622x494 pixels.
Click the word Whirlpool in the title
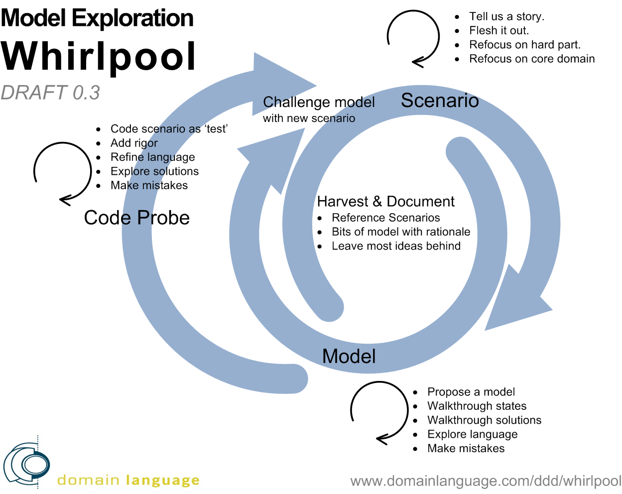tap(99, 56)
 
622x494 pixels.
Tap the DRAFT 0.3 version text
tap(50, 93)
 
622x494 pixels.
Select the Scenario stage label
tap(440, 101)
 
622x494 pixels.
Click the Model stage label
tap(349, 357)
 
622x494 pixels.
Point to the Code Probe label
tap(137, 218)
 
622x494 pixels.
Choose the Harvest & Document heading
tap(385, 202)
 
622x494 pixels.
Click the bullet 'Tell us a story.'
tap(506, 16)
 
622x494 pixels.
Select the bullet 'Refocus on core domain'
tap(531, 59)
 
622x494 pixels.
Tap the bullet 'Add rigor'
tap(134, 143)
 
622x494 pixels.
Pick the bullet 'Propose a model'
tap(471, 392)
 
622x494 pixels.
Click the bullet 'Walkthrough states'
tap(477, 406)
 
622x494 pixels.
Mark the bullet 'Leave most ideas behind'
tap(396, 246)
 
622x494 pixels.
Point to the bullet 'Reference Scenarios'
tap(385, 218)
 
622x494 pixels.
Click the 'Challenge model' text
tap(319, 102)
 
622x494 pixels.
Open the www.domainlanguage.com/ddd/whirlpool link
tap(486, 481)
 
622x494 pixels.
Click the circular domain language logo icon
tap(27, 464)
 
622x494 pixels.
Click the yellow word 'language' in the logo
tap(162, 481)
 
